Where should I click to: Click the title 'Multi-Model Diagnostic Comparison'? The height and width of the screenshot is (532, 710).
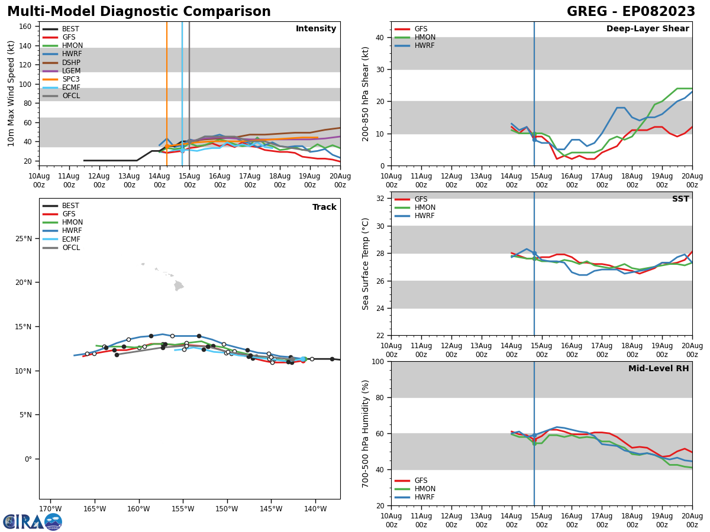pos(138,12)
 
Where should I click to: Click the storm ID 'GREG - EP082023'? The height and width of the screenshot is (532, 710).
pos(631,12)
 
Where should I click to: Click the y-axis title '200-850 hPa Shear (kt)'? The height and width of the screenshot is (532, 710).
pos(366,93)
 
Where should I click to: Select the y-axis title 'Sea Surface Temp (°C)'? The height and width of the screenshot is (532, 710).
pos(366,264)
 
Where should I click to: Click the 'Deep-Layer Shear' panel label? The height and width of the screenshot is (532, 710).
pos(647,29)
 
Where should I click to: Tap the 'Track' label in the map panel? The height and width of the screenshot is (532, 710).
pos(324,207)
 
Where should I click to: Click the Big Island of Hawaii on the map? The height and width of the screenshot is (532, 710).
pos(178,286)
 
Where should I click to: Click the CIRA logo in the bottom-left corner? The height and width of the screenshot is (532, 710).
pos(32,521)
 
